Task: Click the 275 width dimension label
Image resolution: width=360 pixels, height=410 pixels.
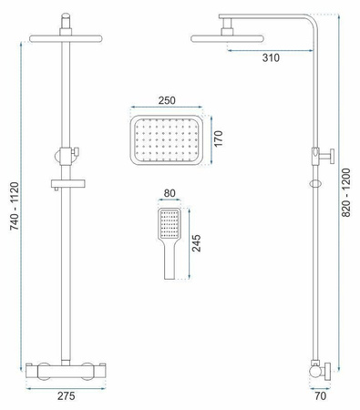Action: [x=66, y=395]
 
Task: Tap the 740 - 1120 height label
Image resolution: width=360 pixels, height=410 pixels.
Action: [x=15, y=206]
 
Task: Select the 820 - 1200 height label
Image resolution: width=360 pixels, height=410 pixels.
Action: [x=346, y=192]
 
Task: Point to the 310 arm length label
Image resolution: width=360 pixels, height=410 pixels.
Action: [x=271, y=57]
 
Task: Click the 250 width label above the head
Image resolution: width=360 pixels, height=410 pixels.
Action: [x=167, y=100]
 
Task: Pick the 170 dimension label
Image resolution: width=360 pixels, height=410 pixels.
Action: [x=218, y=138]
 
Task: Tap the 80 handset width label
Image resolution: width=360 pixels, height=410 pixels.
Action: [x=170, y=193]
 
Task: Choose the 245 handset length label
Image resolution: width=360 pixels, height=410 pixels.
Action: [x=197, y=243]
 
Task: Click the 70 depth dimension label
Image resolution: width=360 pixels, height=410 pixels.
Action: [x=321, y=395]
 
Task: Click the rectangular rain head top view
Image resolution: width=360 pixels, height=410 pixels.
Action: [x=167, y=140]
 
